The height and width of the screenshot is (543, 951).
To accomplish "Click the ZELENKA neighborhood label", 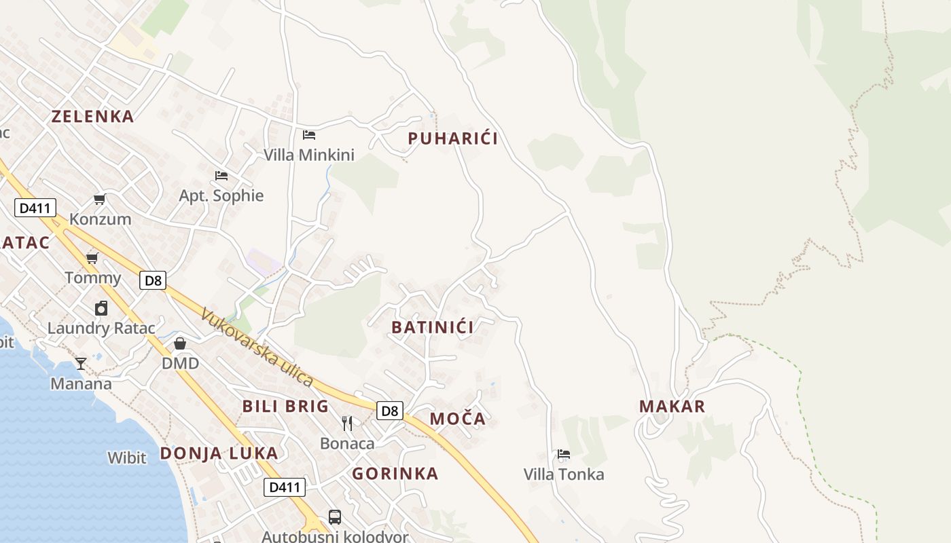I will pyautogui.click(x=93, y=116).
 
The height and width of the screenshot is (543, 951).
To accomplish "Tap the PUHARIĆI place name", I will pyautogui.click(x=452, y=138).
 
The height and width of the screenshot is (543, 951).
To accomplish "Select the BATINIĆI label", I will pyautogui.click(x=433, y=327).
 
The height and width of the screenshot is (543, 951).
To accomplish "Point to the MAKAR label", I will pyautogui.click(x=672, y=407).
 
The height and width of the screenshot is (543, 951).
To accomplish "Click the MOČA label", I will pyautogui.click(x=458, y=419).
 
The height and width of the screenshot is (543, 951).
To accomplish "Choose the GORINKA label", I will pyautogui.click(x=395, y=474).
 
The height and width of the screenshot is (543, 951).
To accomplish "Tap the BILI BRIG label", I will pyautogui.click(x=285, y=407).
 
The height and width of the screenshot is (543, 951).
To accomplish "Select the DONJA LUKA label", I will pyautogui.click(x=219, y=453).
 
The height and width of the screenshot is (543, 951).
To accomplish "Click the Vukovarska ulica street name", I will pyautogui.click(x=257, y=348).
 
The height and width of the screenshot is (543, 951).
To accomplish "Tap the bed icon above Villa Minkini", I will pyautogui.click(x=309, y=134).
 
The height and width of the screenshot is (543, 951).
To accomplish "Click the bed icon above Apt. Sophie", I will pyautogui.click(x=221, y=175).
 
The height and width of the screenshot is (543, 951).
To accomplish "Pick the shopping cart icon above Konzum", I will pyautogui.click(x=100, y=199).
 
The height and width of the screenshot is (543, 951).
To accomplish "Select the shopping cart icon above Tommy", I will pyautogui.click(x=92, y=258).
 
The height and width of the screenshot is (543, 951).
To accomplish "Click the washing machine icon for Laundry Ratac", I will pyautogui.click(x=101, y=308).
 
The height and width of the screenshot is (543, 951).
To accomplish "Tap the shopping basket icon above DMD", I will pyautogui.click(x=180, y=343).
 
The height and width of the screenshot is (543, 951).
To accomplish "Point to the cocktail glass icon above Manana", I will pyautogui.click(x=81, y=363).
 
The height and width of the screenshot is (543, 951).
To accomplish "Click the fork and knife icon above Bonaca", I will pyautogui.click(x=347, y=424).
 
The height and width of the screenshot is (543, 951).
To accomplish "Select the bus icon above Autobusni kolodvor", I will pyautogui.click(x=335, y=517).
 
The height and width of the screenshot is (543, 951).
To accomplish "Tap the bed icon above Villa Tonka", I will pyautogui.click(x=563, y=454).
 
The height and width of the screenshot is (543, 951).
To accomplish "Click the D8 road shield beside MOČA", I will pyautogui.click(x=390, y=411).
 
